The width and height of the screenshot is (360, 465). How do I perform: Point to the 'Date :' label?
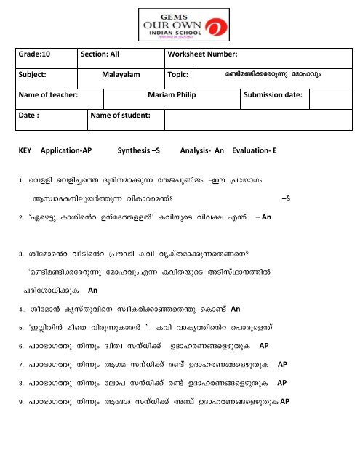31,115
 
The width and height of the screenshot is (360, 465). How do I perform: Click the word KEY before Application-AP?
26,155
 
